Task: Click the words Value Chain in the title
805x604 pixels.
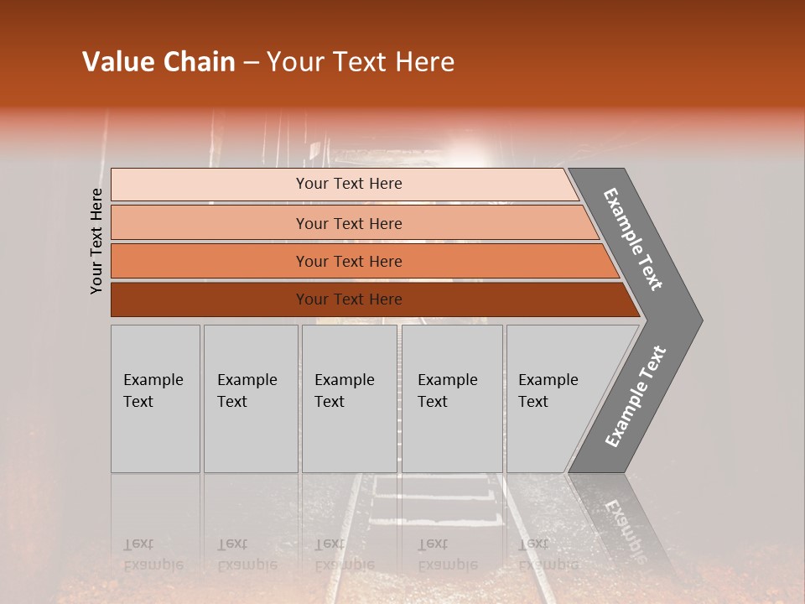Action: click(158, 62)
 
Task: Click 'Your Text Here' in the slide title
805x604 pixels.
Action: click(361, 62)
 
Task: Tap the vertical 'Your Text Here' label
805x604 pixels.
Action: click(97, 241)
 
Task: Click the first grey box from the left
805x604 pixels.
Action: click(155, 398)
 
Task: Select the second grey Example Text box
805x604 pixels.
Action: click(251, 398)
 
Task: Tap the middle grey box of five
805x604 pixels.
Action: click(349, 398)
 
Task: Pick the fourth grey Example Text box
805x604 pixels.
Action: click(452, 398)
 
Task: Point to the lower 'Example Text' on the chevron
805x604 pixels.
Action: click(636, 397)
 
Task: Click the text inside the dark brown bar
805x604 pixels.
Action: click(349, 299)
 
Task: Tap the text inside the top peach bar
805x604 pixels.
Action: click(349, 184)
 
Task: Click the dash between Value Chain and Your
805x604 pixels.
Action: click(251, 62)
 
